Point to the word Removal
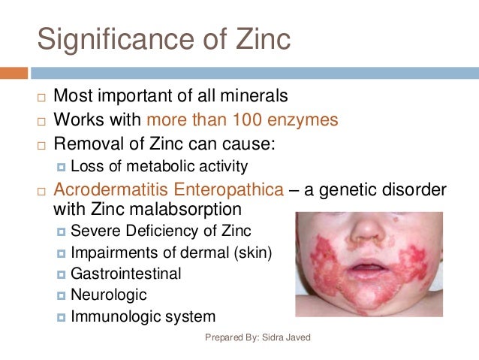pos(87,143)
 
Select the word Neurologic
pos(109,295)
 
